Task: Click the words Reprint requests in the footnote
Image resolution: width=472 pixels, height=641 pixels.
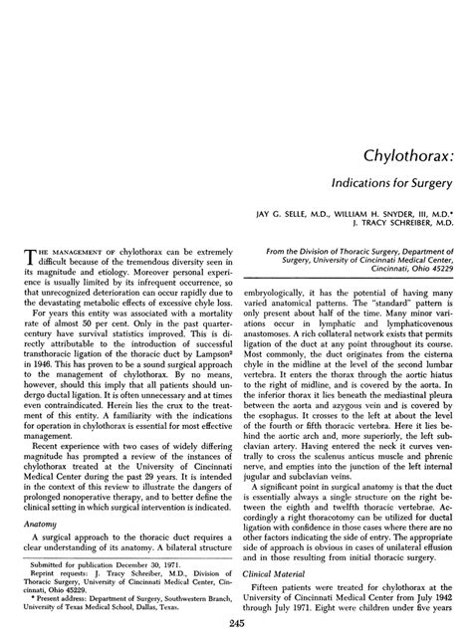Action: pos(58,569)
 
